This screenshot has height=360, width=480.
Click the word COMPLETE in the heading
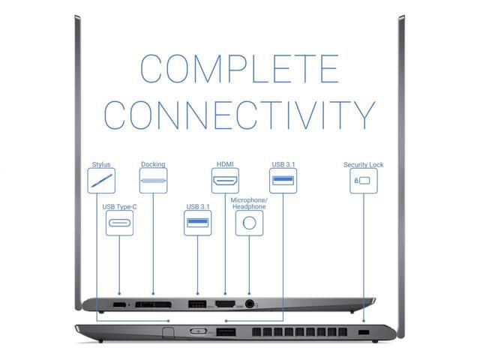click(x=239, y=68)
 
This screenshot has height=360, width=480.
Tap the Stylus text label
click(x=101, y=164)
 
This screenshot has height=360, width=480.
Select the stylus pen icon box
click(x=101, y=181)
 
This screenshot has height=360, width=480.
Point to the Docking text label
click(x=153, y=164)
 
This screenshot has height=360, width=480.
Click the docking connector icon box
click(x=153, y=181)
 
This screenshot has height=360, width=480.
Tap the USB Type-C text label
click(x=119, y=206)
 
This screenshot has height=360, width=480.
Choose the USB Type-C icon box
click(x=119, y=223)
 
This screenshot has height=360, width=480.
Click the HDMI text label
click(x=225, y=164)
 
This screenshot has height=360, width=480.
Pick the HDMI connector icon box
click(x=225, y=181)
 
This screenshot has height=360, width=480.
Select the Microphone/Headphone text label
click(x=249, y=203)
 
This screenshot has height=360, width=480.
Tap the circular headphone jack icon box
click(x=249, y=223)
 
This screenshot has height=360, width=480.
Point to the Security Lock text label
click(x=363, y=165)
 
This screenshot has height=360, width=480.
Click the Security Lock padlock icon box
click(x=363, y=181)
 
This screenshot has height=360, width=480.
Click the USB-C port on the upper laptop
click(x=119, y=304)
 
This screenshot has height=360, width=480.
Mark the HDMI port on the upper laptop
click(x=225, y=304)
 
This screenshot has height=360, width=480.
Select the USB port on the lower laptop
click(x=226, y=331)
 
